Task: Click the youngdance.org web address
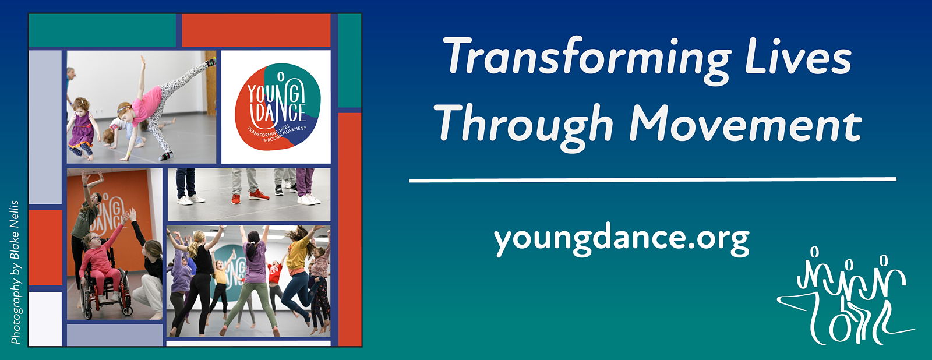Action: pos(622,240)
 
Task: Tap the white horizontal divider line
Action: pos(652,180)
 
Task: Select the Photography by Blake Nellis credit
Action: pos(15,272)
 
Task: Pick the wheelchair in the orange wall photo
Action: pos(105,292)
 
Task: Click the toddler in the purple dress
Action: pos(82,128)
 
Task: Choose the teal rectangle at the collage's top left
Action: pos(103,31)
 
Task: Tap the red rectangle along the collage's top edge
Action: pos(256,31)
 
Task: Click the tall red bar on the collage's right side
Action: pos(349,230)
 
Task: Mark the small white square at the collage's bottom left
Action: pos(45,319)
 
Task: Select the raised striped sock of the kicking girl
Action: pos(211,62)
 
